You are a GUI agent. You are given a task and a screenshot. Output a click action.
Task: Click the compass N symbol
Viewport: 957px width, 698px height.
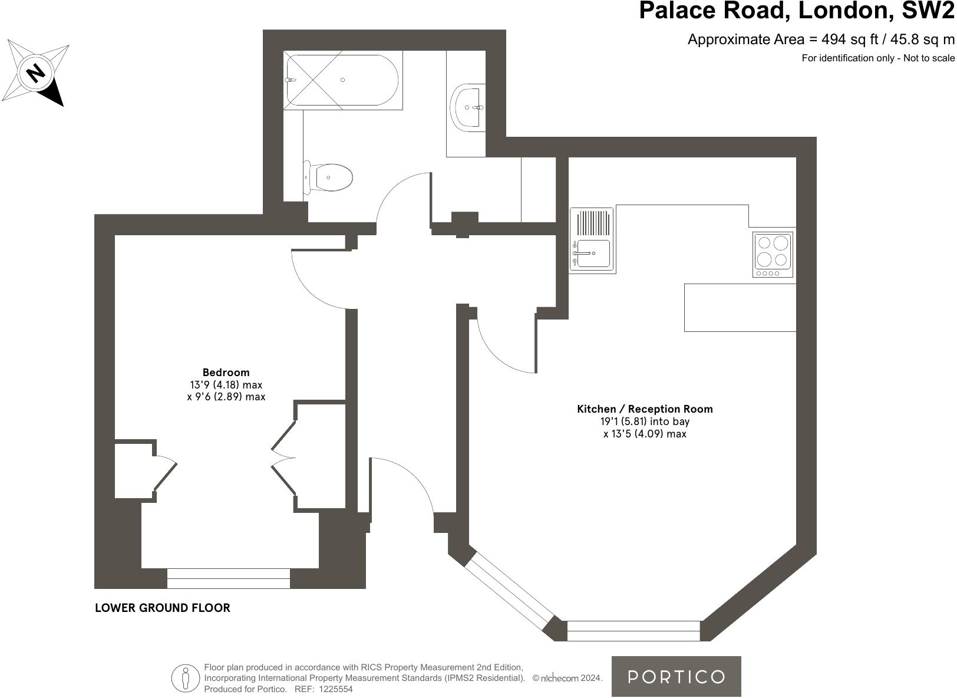point(36,73)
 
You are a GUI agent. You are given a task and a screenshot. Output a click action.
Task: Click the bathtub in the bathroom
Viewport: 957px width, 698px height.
point(342,80)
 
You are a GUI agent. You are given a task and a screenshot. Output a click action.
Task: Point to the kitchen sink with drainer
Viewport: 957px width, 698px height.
point(592,240)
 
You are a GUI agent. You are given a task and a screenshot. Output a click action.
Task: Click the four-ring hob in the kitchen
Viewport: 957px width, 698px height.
point(773,254)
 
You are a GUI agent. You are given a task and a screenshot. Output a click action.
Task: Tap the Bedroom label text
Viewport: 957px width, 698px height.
point(226,372)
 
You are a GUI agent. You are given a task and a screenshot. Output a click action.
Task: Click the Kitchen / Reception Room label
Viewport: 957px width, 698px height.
point(645,409)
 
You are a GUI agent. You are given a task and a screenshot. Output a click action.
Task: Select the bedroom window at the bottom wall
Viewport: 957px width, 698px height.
point(228,578)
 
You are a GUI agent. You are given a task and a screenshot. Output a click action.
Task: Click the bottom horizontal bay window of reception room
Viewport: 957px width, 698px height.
point(633,631)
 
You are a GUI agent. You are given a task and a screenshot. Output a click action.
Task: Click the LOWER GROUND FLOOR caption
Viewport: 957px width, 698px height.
point(163,608)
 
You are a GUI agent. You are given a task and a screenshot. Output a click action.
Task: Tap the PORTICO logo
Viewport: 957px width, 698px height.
point(676,676)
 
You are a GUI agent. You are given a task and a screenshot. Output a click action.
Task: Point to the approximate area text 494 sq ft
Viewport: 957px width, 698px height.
point(820,39)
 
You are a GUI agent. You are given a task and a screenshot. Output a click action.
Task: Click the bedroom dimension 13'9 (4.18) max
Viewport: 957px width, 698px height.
point(226,384)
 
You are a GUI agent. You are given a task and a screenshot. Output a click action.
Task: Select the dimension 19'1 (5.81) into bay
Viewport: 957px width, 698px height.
point(645,422)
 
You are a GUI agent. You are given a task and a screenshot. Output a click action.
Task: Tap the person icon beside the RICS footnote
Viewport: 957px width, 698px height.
point(186,678)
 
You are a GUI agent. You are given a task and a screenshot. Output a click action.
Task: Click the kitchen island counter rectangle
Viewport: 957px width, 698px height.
point(740,307)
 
